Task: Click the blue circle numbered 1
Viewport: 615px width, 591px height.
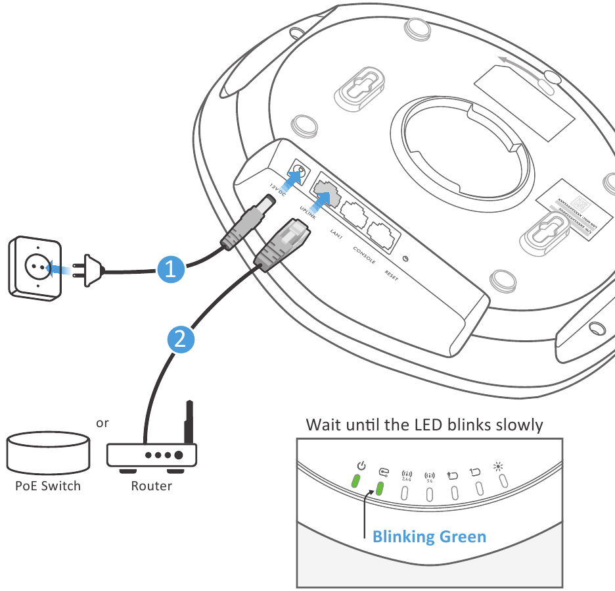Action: click(x=170, y=269)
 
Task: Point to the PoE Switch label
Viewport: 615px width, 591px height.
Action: click(x=48, y=486)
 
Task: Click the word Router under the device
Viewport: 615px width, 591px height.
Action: click(x=152, y=486)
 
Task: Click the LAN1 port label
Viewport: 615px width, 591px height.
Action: click(x=336, y=232)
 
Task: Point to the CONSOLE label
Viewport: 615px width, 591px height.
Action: click(x=364, y=255)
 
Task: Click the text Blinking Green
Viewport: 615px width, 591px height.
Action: click(x=429, y=537)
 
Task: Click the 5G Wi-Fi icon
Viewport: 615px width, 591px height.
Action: click(x=430, y=475)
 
